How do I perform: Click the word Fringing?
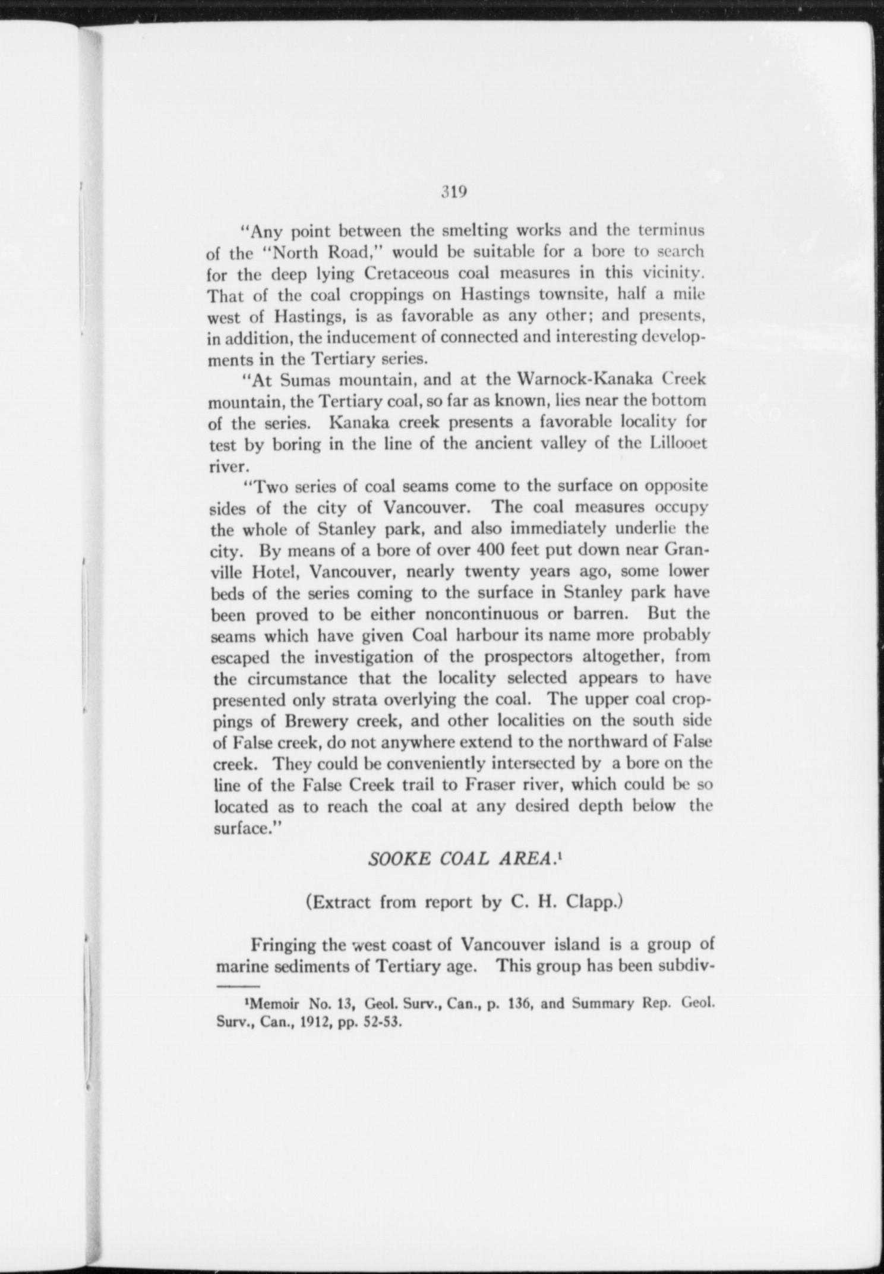click(x=283, y=944)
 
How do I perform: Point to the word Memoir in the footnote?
click(x=272, y=1004)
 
